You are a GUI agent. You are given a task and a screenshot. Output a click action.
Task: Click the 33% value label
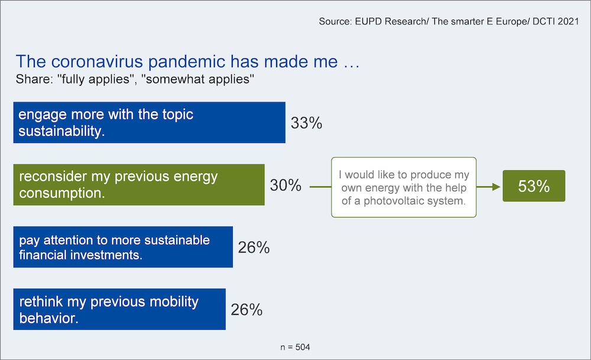pos(306,123)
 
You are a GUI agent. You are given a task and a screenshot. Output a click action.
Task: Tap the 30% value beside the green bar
pos(285,185)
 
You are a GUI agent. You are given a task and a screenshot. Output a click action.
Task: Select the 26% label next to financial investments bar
pos(254,247)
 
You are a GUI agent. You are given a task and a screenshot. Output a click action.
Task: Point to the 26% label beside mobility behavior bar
pos(246,310)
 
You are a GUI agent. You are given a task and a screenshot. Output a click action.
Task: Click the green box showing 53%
pos(534,186)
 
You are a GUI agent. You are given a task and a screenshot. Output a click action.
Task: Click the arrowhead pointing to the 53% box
pos(496,187)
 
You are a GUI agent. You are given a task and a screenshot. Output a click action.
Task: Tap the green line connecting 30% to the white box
pos(320,187)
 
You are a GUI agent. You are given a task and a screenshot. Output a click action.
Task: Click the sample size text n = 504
pos(295,347)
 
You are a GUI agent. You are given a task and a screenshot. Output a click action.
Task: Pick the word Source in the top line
pos(335,21)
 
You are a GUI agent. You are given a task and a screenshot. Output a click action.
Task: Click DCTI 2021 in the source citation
pos(556,21)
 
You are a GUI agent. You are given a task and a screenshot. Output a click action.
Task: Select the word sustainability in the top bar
pos(61,131)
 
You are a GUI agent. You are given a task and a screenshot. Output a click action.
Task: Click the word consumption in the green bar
pos(62,193)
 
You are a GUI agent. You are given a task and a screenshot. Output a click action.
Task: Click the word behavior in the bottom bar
pos(48,319)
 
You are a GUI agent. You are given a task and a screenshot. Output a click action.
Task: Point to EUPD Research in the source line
pos(391,21)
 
